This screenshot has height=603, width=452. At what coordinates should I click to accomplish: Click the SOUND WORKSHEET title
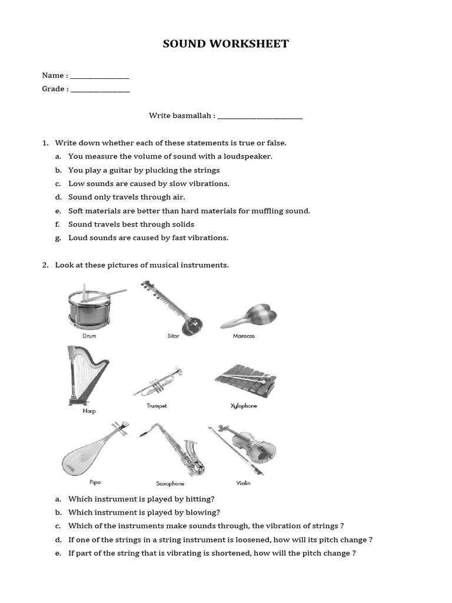tap(226, 44)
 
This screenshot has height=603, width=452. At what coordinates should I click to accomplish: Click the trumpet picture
tap(158, 381)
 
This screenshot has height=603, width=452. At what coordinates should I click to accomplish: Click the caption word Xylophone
tap(244, 406)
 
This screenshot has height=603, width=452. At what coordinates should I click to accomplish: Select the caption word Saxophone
tap(170, 483)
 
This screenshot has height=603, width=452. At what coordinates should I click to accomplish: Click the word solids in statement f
tap(182, 224)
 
